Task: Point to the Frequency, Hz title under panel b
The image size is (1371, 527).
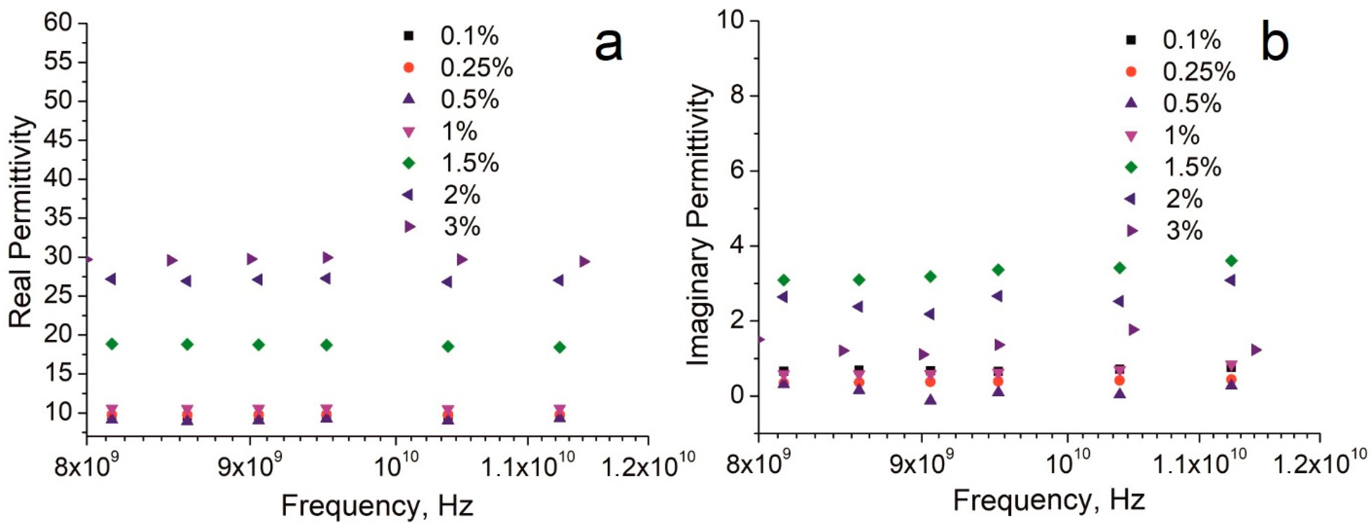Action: (x=1048, y=501)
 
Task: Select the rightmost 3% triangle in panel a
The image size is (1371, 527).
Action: (x=584, y=261)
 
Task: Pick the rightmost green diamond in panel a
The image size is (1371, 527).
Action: (x=559, y=347)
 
